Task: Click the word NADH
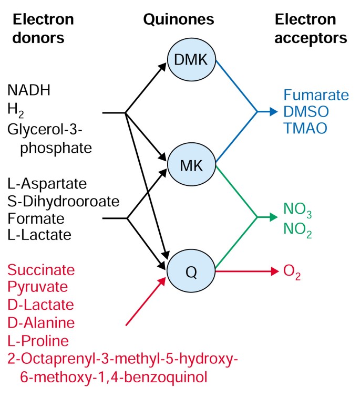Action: [29, 90]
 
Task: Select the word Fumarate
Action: [316, 96]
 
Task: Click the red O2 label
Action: [292, 272]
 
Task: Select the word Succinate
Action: [41, 270]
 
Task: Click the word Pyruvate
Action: [37, 288]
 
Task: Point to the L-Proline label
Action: [38, 341]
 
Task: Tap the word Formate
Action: [36, 218]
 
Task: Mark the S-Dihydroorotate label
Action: [63, 201]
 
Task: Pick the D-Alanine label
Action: [41, 323]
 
